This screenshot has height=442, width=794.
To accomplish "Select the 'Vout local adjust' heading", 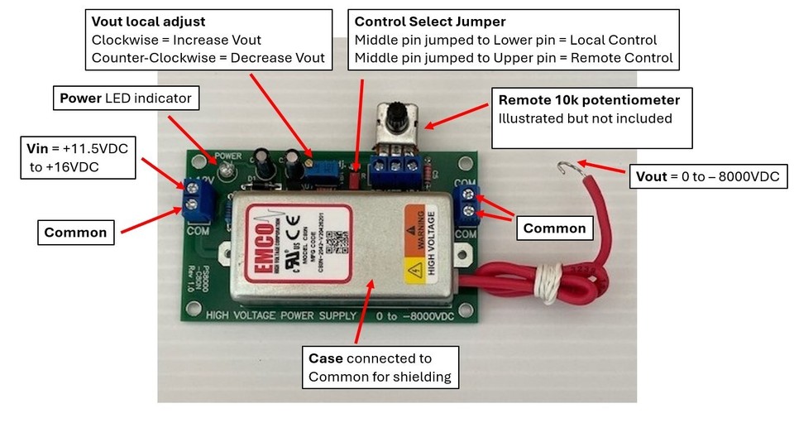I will click(148, 22).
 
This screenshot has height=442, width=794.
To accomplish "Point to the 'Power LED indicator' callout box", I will click(126, 98).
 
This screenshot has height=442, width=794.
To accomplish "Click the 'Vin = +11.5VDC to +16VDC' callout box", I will click(81, 157).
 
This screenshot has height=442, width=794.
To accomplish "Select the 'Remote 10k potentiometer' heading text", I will click(589, 99).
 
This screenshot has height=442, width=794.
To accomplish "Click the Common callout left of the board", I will click(76, 233).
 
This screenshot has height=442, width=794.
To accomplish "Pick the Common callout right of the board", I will click(552, 228).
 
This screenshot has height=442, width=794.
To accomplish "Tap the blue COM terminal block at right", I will click(466, 205).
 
